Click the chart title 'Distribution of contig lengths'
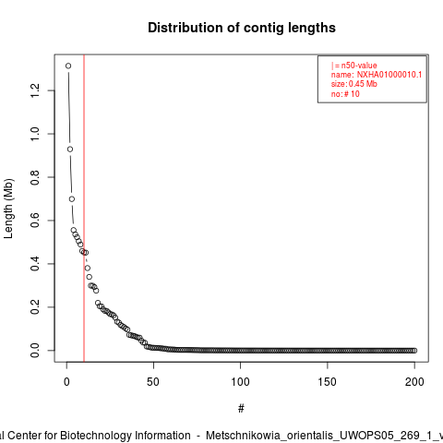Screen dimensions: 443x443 [242, 28]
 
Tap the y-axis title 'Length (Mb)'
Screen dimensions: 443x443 [8, 209]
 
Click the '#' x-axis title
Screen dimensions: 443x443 [241, 409]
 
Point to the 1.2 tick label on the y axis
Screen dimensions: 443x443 [35, 90]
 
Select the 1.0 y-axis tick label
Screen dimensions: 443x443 [35, 134]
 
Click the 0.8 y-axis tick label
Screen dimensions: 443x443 [35, 177]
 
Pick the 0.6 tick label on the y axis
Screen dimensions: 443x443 [35, 221]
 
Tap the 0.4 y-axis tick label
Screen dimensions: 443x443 [35, 264]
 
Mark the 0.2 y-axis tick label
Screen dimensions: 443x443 [35, 307]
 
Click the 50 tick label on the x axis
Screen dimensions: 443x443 [153, 382]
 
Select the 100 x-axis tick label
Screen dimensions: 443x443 [240, 382]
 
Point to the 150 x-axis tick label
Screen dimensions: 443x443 [328, 382]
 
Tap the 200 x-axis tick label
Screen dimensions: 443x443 [414, 382]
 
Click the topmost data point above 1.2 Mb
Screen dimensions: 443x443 [68, 66]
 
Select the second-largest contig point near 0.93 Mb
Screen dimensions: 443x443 [70, 150]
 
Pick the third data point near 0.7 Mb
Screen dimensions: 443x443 [72, 199]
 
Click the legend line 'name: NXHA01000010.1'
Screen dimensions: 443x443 [377, 75]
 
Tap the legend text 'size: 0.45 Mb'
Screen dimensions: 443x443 [354, 84]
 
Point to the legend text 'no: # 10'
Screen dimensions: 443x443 [345, 94]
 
